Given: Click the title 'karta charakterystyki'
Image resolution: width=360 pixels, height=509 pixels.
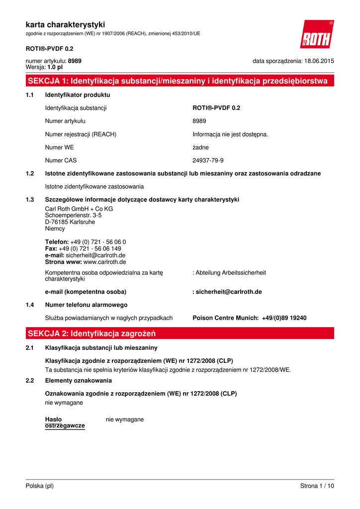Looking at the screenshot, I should click(x=65, y=24).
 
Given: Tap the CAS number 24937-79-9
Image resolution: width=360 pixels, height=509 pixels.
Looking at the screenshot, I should click(x=208, y=161).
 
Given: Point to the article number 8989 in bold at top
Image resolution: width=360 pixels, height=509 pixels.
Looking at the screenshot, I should click(x=75, y=61).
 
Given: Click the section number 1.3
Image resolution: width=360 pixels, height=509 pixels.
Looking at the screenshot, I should click(x=30, y=200).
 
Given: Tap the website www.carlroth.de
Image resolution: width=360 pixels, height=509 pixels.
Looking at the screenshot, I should click(x=104, y=262).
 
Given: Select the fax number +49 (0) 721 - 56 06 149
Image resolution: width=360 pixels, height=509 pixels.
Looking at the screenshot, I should click(x=90, y=249).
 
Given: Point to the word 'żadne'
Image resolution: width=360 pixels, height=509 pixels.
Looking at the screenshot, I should click(x=200, y=147).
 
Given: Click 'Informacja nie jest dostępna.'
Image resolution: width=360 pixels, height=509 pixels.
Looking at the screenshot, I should click(x=230, y=134).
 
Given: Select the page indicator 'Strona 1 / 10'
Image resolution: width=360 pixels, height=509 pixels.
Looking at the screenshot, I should click(x=317, y=486).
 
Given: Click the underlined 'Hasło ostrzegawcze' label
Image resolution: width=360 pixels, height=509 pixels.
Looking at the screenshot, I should click(x=65, y=423).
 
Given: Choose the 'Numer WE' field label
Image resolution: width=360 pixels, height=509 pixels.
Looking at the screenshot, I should click(x=59, y=147).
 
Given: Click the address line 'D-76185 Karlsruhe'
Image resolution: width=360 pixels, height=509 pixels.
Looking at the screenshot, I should click(x=70, y=222).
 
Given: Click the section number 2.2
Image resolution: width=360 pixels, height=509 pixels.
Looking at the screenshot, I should click(x=30, y=381).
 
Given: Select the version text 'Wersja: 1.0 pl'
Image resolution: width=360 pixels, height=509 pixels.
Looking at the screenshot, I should click(x=44, y=67).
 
